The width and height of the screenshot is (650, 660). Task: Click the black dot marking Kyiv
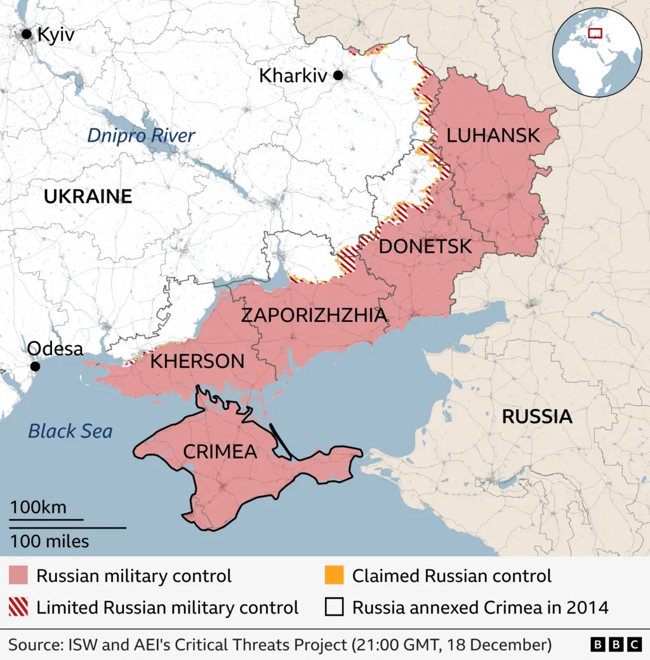coord(27,34)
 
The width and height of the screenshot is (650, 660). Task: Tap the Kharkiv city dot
coord(338,76)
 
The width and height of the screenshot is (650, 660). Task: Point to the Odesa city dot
coord(36,367)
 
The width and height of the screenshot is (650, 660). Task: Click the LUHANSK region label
coord(493,135)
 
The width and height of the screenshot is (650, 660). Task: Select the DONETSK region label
coord(425,246)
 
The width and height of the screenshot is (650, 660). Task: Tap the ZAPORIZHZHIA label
coord(314,315)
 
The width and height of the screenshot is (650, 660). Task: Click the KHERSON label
coord(197,361)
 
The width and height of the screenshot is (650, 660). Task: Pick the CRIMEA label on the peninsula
coord(220,452)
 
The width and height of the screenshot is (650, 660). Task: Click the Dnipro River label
coord(141,135)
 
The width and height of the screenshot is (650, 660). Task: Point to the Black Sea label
coord(70,431)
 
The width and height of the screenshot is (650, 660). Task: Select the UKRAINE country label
coord(88,196)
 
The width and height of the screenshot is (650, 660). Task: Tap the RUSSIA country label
coord(537,417)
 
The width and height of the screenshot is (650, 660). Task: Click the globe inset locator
coord(597,52)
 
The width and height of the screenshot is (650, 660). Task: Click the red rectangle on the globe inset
coord(595,33)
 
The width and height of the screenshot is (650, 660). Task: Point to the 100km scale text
coord(37,508)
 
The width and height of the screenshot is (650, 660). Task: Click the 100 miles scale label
coord(49,541)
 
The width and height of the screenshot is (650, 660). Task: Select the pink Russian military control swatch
coord(18,576)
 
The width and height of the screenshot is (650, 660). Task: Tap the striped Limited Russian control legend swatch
coord(18,607)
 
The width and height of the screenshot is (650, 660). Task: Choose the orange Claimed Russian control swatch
coord(334,576)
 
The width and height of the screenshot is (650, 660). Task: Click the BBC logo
coord(616,645)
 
